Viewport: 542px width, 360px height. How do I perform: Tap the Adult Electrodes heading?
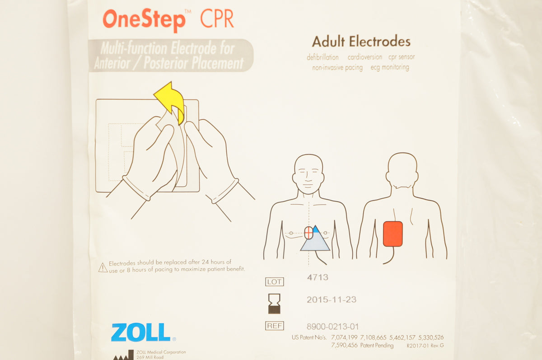tap(361, 42)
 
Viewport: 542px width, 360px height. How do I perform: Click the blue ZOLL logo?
tap(141, 332)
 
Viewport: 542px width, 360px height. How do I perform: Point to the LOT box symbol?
tap(274, 282)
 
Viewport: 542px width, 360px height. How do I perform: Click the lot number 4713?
tap(317, 277)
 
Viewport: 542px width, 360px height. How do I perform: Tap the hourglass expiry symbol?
tap(274, 303)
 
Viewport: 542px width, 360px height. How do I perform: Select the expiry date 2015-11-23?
tap(331, 299)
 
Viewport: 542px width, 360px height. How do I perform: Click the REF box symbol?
tap(274, 325)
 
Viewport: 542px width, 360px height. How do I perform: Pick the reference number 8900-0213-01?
tap(332, 326)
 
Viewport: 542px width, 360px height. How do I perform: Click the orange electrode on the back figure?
tap(392, 234)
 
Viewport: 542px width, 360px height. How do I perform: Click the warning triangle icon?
tap(103, 267)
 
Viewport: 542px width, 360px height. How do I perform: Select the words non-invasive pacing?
tap(337, 68)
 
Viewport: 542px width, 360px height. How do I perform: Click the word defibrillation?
tap(322, 57)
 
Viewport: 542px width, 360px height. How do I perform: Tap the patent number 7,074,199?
tap(343, 337)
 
